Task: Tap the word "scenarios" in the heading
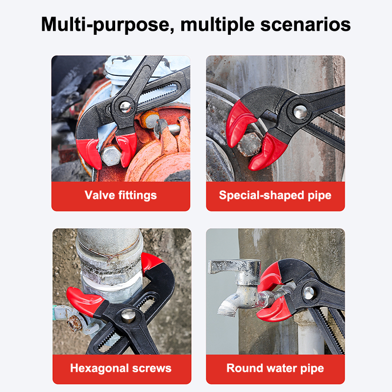click(305, 24)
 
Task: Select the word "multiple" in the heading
click(218, 25)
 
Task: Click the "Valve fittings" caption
click(121, 195)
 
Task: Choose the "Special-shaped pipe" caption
click(275, 195)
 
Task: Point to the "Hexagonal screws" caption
click(121, 368)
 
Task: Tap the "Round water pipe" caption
click(275, 368)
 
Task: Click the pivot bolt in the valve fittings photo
click(125, 107)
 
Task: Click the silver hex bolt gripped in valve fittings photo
click(111, 155)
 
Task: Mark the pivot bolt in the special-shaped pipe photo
click(300, 112)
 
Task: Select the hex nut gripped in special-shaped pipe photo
click(249, 144)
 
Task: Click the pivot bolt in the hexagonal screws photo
click(128, 316)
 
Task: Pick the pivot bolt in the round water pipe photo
click(309, 293)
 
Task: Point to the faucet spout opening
click(227, 310)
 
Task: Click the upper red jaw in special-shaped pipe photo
click(240, 123)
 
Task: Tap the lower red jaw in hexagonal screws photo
click(85, 301)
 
